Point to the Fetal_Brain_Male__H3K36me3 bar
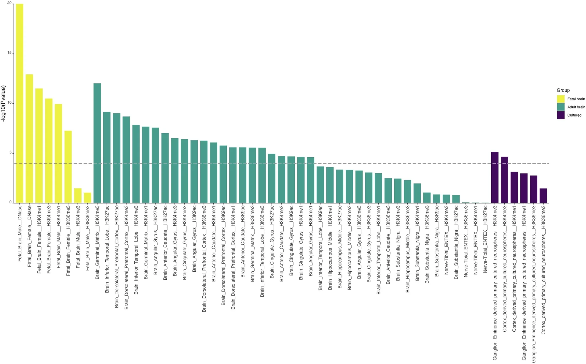coord(88,198)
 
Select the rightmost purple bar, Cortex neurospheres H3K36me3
coord(543,196)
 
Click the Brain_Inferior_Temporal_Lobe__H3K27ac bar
coord(107,157)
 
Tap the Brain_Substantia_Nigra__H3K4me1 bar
coord(417,193)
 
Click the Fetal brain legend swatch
coord(560,99)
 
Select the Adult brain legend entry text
coord(576,107)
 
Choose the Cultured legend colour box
coord(560,115)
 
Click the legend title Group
coord(563,90)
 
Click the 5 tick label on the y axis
coord(10,153)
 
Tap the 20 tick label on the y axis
coord(9,3)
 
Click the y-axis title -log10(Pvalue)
coord(4,104)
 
